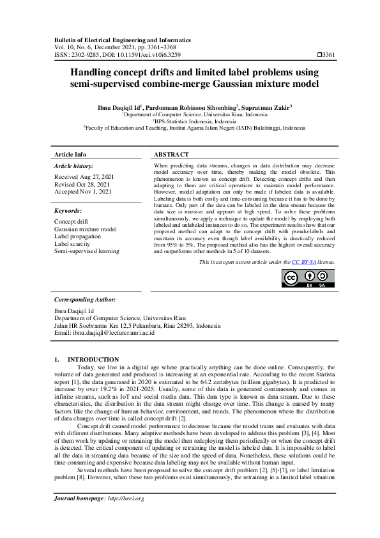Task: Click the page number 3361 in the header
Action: [x=329, y=56]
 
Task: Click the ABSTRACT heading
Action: [x=172, y=155]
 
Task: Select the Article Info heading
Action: [x=70, y=155]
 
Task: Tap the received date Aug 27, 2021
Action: [x=97, y=176]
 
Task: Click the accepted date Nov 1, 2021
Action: [x=97, y=191]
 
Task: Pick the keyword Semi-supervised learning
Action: [x=86, y=251]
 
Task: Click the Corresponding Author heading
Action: [x=84, y=299]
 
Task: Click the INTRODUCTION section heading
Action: [x=93, y=360]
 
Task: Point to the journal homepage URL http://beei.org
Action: [x=126, y=516]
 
